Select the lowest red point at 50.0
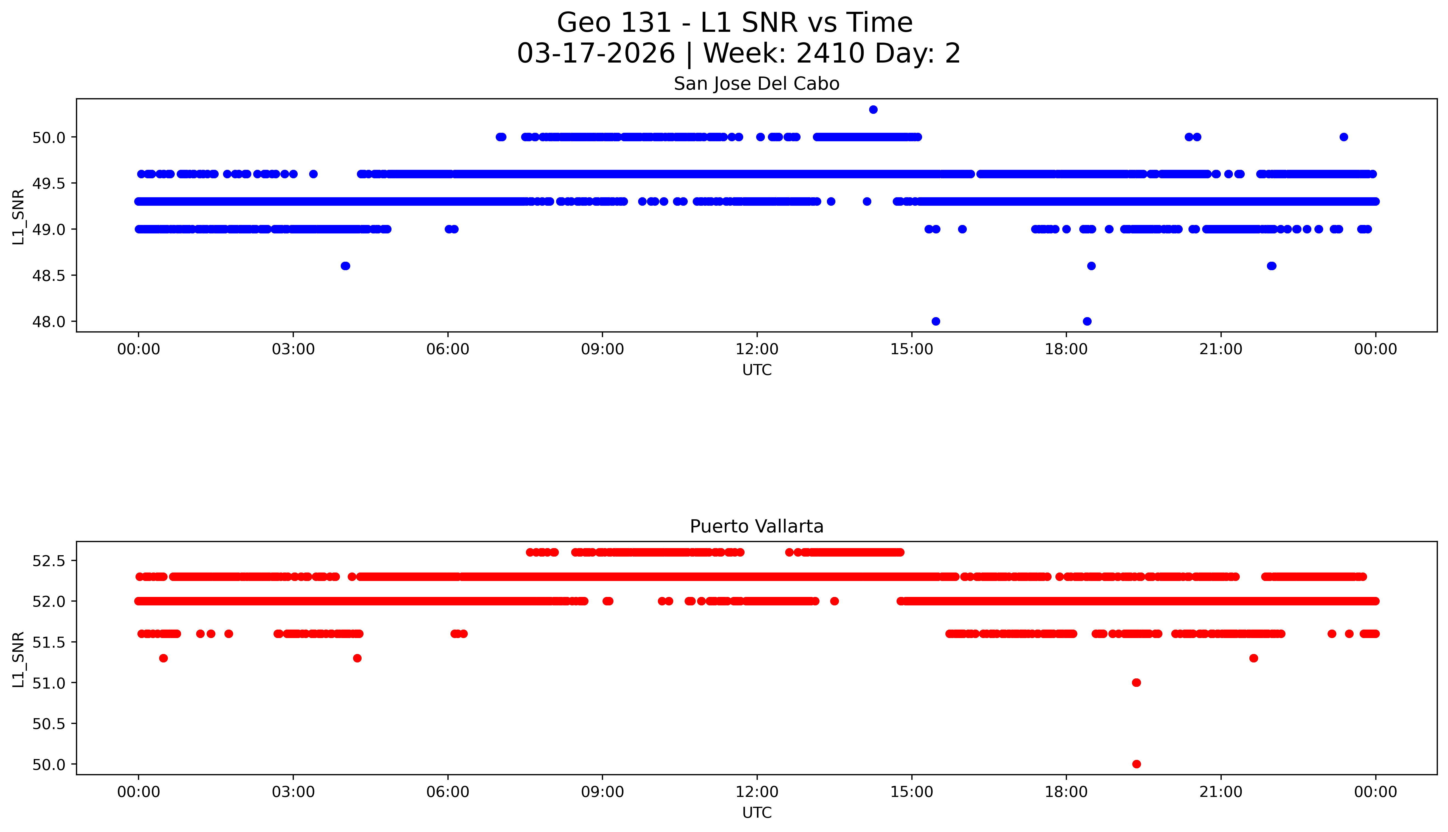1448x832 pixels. coord(1136,764)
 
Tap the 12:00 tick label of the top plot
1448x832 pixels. coord(757,349)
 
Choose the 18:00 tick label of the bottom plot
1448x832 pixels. coord(1066,792)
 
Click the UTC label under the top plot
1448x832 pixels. coord(757,370)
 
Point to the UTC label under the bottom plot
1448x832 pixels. coord(757,813)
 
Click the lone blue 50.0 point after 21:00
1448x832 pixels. coord(1343,137)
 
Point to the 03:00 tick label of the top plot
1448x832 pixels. coord(293,349)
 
